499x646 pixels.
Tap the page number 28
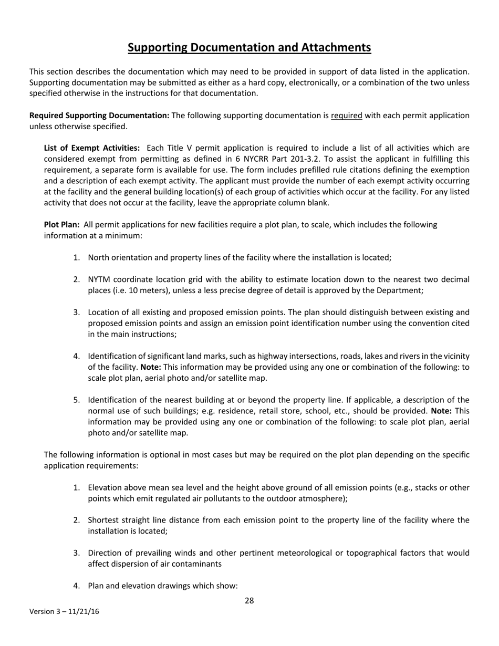click(250, 601)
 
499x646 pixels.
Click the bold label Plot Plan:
click(61, 225)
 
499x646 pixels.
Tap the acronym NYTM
click(99, 279)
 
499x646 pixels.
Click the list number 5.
click(77, 400)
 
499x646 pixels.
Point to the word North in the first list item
click(99, 257)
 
